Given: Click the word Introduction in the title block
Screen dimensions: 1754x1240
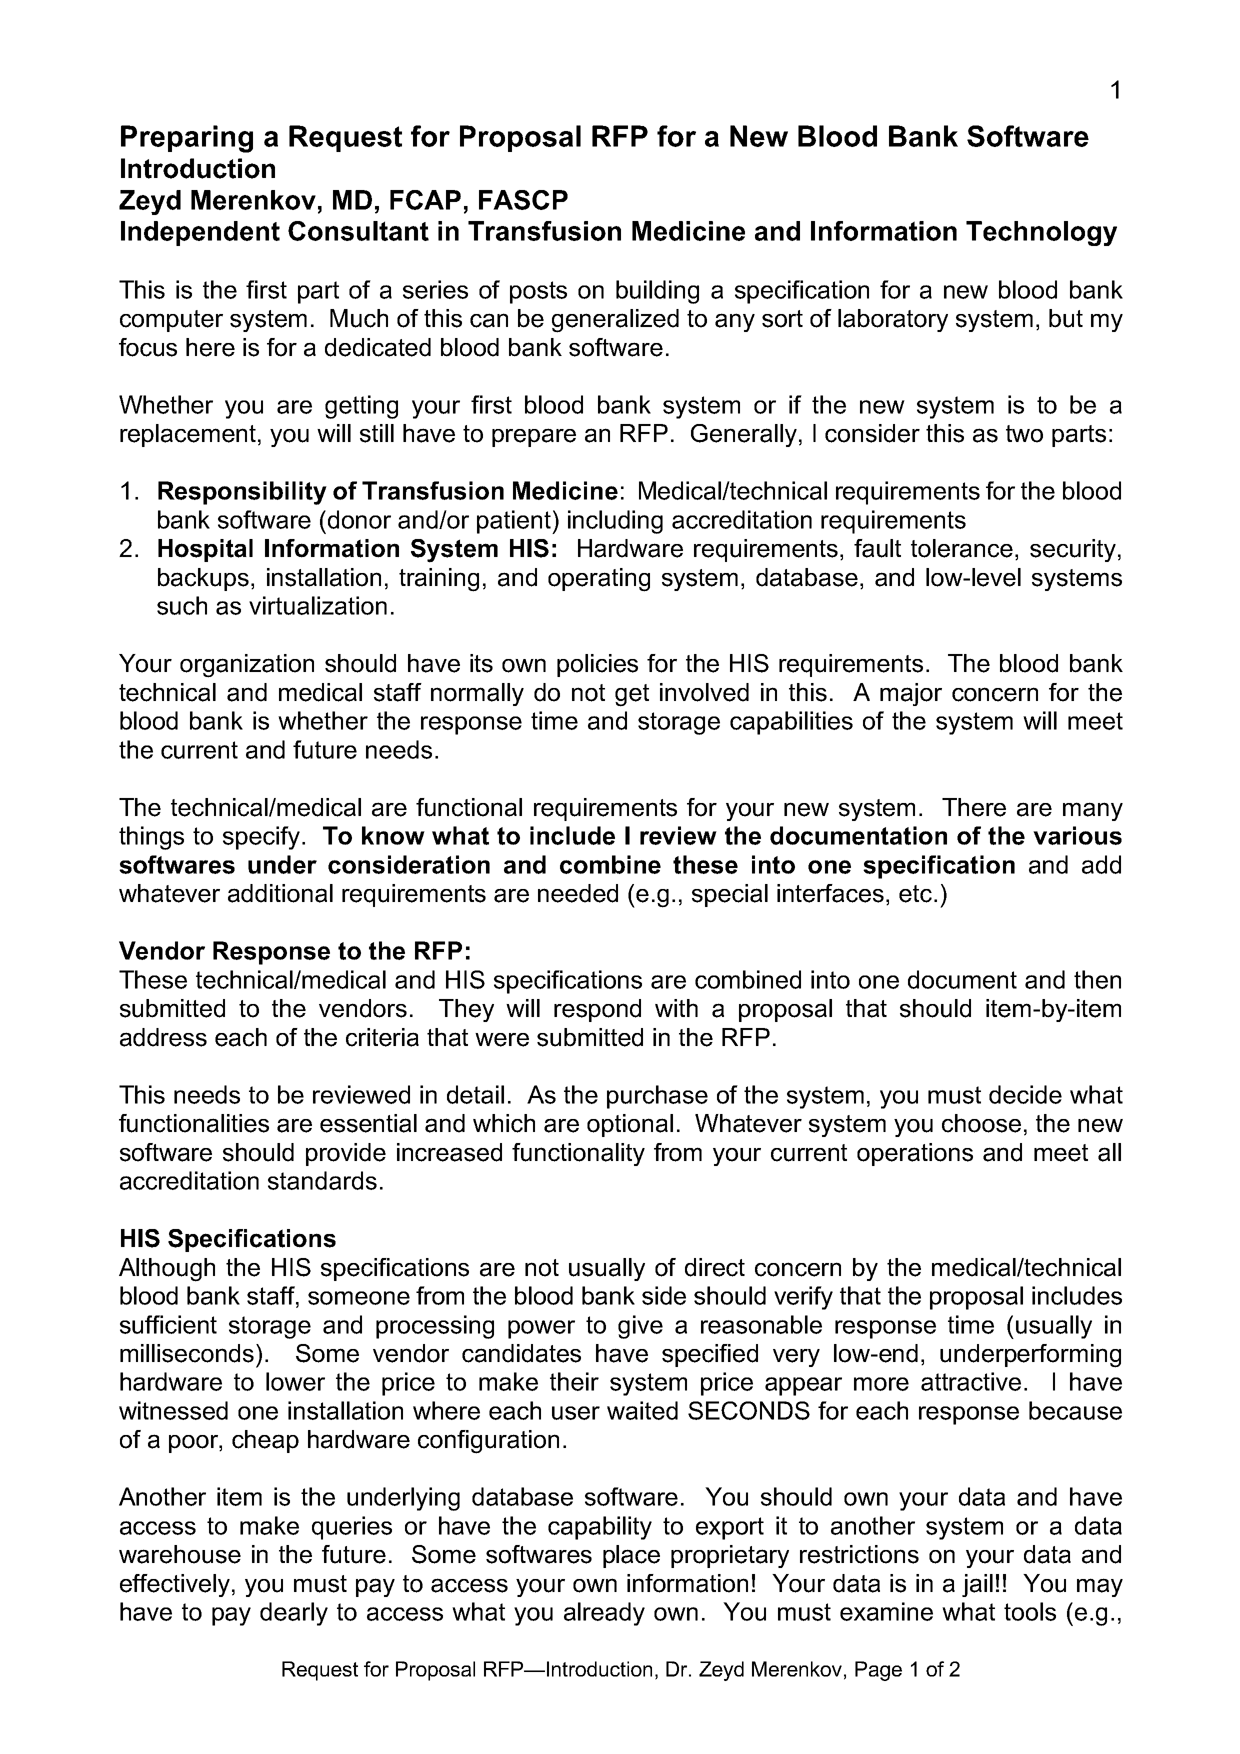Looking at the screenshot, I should [x=197, y=169].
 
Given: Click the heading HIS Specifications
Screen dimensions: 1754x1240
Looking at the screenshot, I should [x=227, y=1238].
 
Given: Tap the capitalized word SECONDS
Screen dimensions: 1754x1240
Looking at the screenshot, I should [x=748, y=1411].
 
